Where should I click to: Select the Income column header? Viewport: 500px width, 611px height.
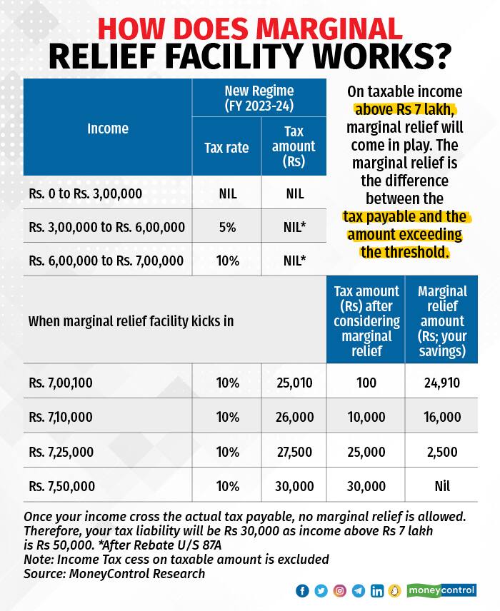click(108, 128)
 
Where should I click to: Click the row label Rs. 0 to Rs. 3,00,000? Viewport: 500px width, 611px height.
click(85, 193)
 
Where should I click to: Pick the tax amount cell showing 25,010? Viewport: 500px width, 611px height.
click(294, 383)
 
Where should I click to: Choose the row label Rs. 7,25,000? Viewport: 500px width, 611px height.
click(62, 452)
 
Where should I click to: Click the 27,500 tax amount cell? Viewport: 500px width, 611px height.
click(294, 452)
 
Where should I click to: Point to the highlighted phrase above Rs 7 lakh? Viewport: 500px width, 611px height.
click(404, 111)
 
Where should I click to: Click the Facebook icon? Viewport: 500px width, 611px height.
click(302, 591)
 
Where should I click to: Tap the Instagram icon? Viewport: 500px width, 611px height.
click(340, 591)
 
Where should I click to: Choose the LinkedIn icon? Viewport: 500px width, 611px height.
click(377, 591)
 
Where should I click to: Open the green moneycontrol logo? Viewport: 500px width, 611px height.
click(441, 591)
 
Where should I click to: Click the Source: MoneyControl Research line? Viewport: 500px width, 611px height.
click(114, 573)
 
